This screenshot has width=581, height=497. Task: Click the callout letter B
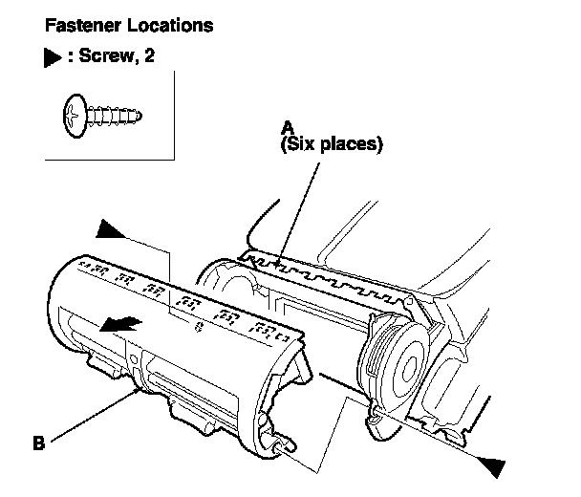tap(38, 443)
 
